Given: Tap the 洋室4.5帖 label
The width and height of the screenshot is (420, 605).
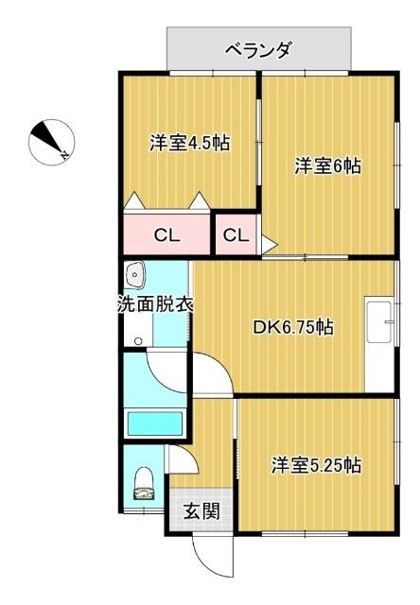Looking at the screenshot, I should [x=190, y=144].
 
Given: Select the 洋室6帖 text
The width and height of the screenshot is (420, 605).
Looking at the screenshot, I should [x=327, y=166].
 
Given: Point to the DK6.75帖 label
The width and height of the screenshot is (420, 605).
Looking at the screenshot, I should [x=292, y=327].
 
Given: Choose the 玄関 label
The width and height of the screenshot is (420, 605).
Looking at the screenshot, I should [x=201, y=511].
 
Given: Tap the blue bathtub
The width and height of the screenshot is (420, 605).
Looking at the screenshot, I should [x=154, y=420].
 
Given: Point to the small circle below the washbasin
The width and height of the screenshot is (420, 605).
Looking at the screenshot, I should [x=138, y=340].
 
